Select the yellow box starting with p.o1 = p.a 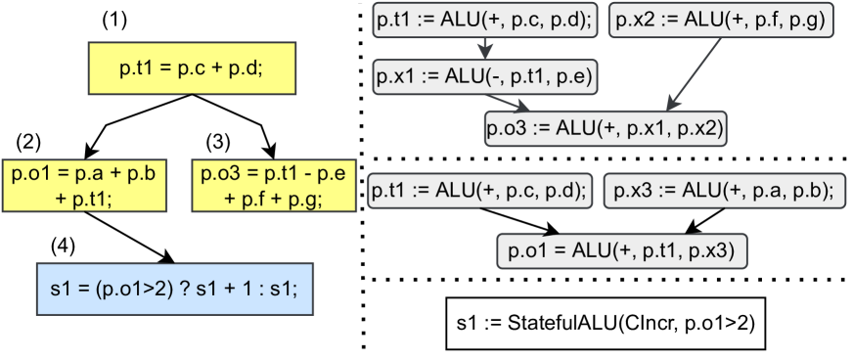(x=83, y=185)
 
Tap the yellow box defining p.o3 (x=273, y=185)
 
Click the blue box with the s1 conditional (x=174, y=290)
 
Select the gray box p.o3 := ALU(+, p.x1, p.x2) (x=606, y=127)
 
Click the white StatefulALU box (x=606, y=322)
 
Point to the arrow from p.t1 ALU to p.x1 (x=484, y=47)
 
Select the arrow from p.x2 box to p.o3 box (x=699, y=73)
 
